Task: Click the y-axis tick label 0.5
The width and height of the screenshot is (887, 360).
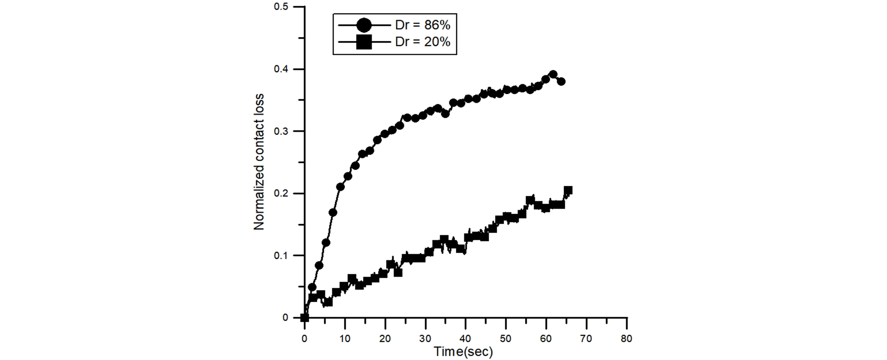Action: tap(281, 7)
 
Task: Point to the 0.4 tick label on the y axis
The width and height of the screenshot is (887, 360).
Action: tap(281, 69)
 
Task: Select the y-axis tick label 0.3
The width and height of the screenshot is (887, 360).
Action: tap(281, 131)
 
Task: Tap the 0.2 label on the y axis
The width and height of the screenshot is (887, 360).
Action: tap(281, 193)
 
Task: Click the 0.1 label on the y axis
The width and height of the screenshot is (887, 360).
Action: tap(281, 255)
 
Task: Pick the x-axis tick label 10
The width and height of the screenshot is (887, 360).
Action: tap(345, 339)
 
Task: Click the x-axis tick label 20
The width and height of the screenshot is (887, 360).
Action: tap(385, 339)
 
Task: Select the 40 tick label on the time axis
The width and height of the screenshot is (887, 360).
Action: tap(465, 339)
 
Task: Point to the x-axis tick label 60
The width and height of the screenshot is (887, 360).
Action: tap(546, 339)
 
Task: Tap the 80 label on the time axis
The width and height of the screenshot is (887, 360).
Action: tap(627, 339)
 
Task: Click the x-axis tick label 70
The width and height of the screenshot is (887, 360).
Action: tap(586, 339)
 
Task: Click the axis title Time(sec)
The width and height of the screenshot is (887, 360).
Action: tap(463, 351)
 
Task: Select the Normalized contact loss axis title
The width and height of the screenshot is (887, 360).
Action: tap(259, 162)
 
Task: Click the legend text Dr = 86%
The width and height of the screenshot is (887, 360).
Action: tap(422, 25)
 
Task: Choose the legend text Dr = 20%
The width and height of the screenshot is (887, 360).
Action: tap(422, 42)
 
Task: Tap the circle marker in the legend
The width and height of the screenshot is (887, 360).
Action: tap(364, 25)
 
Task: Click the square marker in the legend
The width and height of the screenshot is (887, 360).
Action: tap(364, 42)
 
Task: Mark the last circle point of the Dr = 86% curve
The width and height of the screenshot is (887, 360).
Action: tap(561, 81)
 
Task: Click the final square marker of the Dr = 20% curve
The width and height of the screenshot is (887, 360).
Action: tap(567, 190)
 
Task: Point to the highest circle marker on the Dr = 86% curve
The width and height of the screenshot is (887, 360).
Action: tap(553, 74)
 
